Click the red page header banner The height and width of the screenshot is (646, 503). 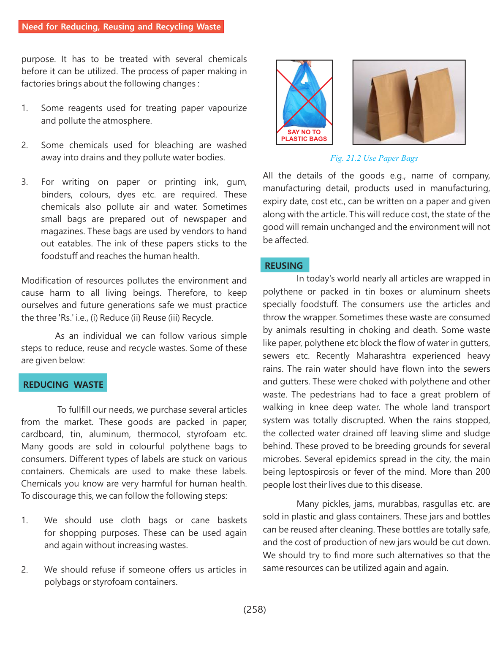[x=121, y=27]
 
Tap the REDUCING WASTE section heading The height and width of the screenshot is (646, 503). [x=63, y=384]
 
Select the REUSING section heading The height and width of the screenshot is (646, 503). [x=284, y=265]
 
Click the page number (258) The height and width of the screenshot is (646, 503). [x=255, y=609]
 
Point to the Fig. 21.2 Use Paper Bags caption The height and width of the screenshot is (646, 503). [x=374, y=158]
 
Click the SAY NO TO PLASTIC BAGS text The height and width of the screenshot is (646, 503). [x=304, y=135]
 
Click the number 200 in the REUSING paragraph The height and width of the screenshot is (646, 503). [x=482, y=472]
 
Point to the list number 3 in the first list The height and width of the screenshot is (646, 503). [x=24, y=182]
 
